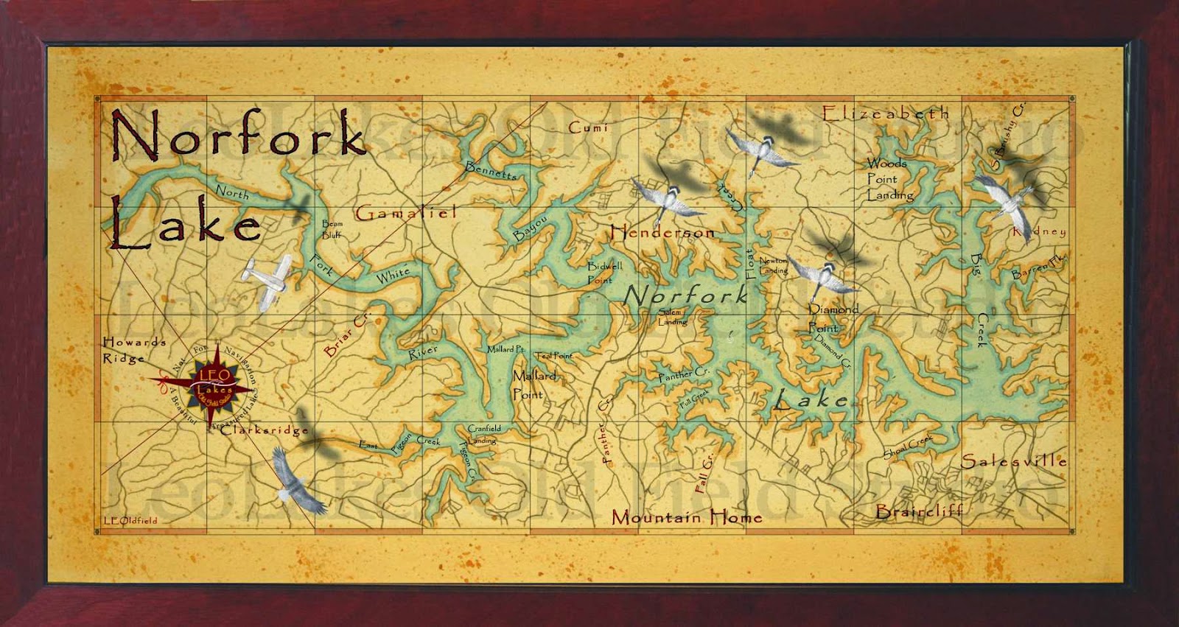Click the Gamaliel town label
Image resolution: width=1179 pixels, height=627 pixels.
coord(406,213)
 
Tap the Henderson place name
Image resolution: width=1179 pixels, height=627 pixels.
coord(662,232)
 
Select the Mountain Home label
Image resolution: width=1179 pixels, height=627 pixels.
coord(686,516)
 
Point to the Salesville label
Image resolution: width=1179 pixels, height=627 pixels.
coord(1014,461)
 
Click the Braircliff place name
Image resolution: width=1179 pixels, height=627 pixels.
coord(919,511)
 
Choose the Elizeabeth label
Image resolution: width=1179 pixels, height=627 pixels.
coord(885,113)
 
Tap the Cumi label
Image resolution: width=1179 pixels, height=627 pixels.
coord(588,127)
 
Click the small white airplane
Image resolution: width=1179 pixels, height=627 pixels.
coord(267,279)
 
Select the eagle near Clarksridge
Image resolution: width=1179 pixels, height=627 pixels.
coord(297,480)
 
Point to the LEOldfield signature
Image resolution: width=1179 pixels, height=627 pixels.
coord(130,520)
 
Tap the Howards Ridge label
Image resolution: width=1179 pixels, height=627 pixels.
coord(133,350)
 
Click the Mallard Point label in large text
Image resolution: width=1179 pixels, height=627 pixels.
coord(533,384)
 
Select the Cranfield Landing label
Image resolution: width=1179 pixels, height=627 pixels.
coord(483,434)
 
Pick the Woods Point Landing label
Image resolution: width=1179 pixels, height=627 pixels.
coord(889,179)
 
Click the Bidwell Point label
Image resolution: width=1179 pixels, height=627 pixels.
coord(604,273)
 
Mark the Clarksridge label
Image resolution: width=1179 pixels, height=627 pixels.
coord(264,430)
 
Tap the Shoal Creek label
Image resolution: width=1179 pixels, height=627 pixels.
coord(908,446)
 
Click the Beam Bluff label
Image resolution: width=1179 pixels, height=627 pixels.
coord(332,229)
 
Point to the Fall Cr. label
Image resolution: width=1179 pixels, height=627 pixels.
coord(704,474)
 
